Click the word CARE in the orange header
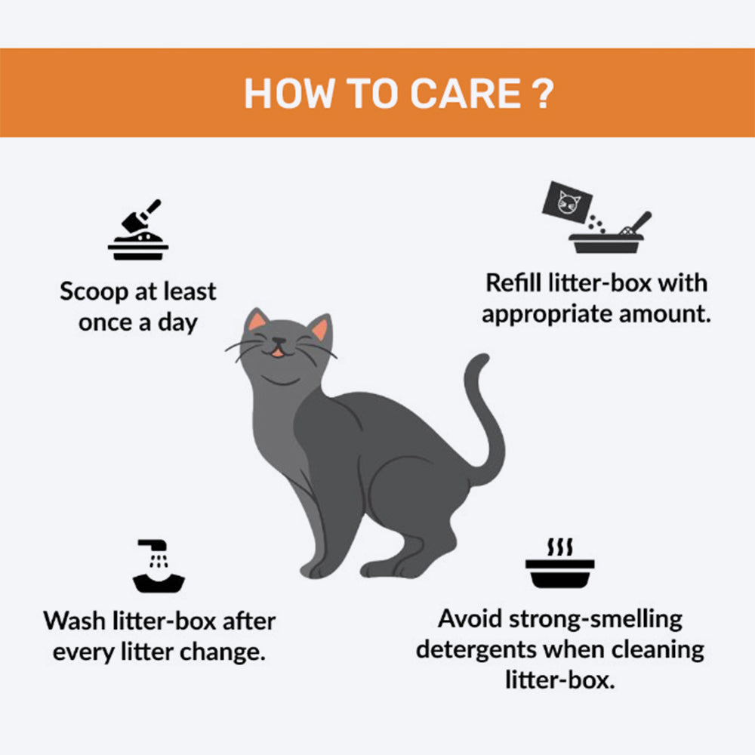click(x=466, y=93)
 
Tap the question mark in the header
click(x=544, y=93)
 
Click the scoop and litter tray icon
click(x=138, y=230)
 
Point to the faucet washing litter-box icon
click(x=159, y=565)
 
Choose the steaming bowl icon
click(x=559, y=563)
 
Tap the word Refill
click(x=513, y=282)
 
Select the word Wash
click(x=75, y=621)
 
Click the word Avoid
click(x=470, y=619)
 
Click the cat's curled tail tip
click(x=482, y=360)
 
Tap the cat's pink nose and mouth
click(x=279, y=347)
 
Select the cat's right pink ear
click(x=319, y=329)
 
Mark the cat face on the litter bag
click(x=569, y=202)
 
